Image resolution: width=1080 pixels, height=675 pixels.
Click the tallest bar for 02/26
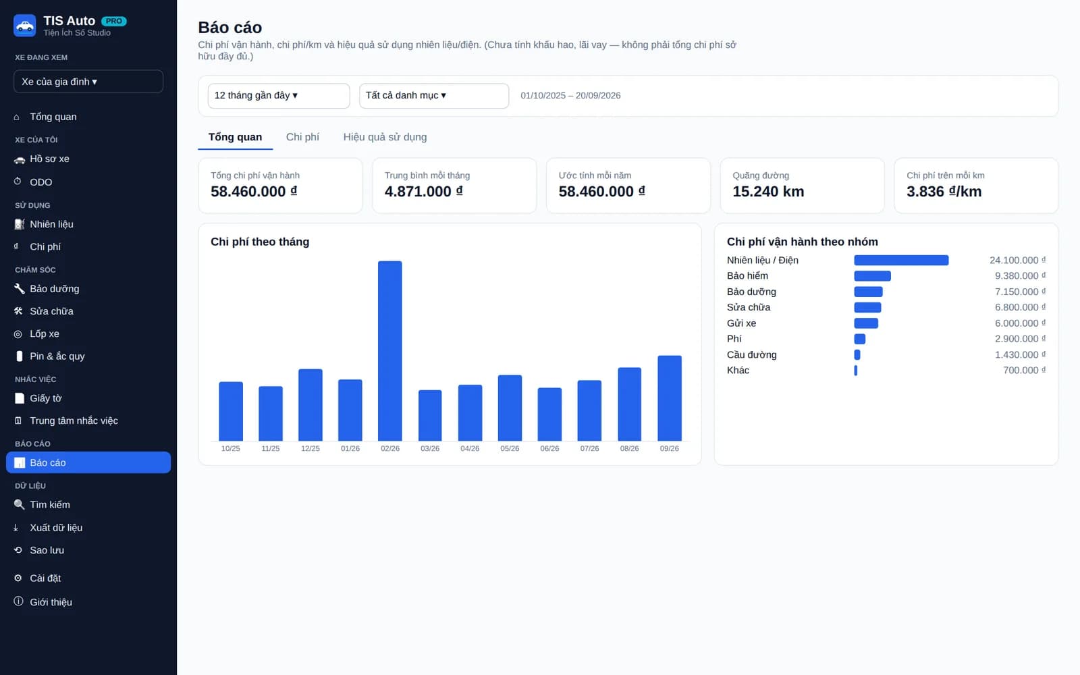389,350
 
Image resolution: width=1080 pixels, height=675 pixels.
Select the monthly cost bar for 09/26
669,398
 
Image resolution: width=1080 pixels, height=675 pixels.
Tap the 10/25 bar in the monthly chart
231,411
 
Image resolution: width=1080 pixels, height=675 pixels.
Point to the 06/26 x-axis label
549,448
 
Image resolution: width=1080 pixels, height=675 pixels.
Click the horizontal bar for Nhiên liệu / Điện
900,261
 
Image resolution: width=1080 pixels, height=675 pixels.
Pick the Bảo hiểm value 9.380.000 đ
1020,276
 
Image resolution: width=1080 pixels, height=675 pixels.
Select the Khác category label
738,371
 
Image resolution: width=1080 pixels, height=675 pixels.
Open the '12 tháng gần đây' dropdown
279,95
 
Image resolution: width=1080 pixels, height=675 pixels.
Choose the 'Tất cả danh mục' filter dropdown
434,95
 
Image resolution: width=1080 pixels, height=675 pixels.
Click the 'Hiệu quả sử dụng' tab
385,137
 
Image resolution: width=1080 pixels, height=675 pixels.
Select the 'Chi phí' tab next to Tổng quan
302,137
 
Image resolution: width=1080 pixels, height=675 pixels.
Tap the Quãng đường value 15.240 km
768,192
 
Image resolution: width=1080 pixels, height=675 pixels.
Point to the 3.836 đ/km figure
944,192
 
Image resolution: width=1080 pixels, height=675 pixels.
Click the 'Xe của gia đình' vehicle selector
88,82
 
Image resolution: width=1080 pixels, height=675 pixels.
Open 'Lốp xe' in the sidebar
45,333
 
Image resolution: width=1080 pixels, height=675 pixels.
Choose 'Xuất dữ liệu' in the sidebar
56,527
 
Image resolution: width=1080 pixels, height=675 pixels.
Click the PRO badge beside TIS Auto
114,21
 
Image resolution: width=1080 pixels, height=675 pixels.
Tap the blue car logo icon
24,26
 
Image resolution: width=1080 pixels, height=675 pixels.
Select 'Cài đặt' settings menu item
45,578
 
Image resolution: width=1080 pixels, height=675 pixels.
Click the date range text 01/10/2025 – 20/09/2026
570,95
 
